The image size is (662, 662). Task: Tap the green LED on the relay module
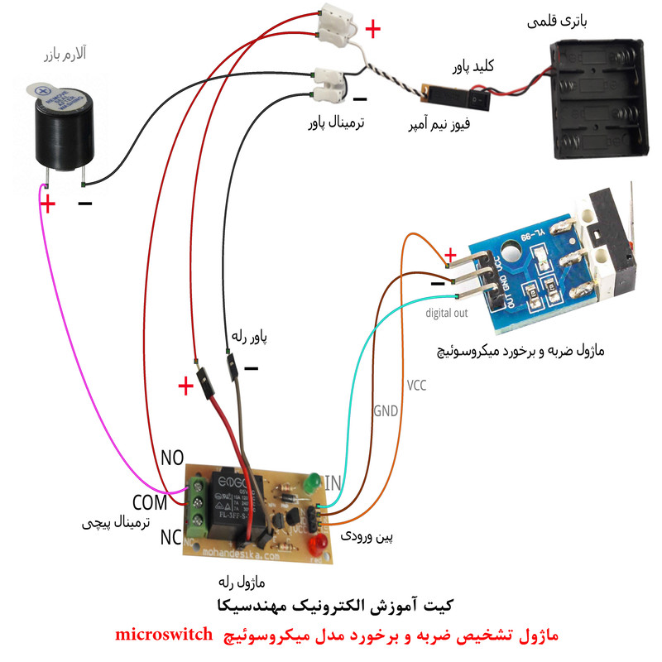click(x=312, y=482)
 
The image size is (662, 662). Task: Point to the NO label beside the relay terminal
click(x=172, y=458)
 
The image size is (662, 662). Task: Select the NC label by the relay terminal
click(x=171, y=537)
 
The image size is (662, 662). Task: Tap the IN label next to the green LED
click(x=333, y=482)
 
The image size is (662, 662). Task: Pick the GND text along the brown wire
click(x=386, y=410)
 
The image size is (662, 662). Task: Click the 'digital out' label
click(x=447, y=314)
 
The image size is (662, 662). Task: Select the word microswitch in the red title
click(x=161, y=636)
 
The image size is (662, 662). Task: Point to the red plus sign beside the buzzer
click(x=49, y=203)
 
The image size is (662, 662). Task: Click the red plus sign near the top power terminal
click(x=373, y=31)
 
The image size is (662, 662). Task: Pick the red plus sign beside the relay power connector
click(x=185, y=386)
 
